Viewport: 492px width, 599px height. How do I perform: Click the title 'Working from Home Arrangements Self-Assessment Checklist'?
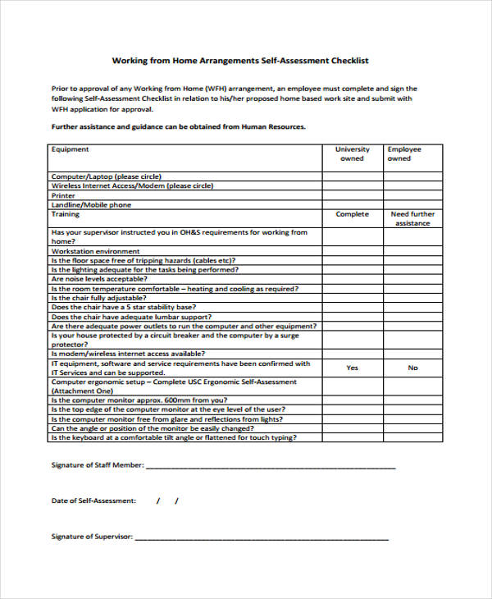pyautogui.click(x=240, y=60)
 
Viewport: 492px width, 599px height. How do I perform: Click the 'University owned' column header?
pyautogui.click(x=352, y=153)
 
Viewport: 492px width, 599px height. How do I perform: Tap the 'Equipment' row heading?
pyautogui.click(x=71, y=149)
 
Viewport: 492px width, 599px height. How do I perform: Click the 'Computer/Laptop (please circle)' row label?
pyautogui.click(x=106, y=176)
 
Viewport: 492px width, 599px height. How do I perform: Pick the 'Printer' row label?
pyautogui.click(x=63, y=195)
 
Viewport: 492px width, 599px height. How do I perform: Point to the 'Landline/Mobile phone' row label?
pyautogui.click(x=91, y=205)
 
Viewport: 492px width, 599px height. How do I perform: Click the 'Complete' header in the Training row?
pyautogui.click(x=352, y=214)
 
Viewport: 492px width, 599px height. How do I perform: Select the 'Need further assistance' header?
pyautogui.click(x=412, y=218)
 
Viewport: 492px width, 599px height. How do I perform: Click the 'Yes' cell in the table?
pyautogui.click(x=352, y=368)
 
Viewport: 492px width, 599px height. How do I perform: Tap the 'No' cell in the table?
pyautogui.click(x=412, y=368)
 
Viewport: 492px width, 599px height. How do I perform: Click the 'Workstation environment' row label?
pyautogui.click(x=95, y=251)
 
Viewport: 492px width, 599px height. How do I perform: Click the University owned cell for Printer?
pyautogui.click(x=352, y=195)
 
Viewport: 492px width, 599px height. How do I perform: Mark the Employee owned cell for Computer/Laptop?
pyautogui.click(x=412, y=176)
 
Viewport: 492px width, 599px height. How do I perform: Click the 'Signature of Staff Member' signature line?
pyautogui.click(x=271, y=465)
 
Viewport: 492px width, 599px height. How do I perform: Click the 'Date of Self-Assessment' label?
pyautogui.click(x=93, y=501)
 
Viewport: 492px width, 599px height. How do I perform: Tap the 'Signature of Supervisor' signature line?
pyautogui.click(x=261, y=537)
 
